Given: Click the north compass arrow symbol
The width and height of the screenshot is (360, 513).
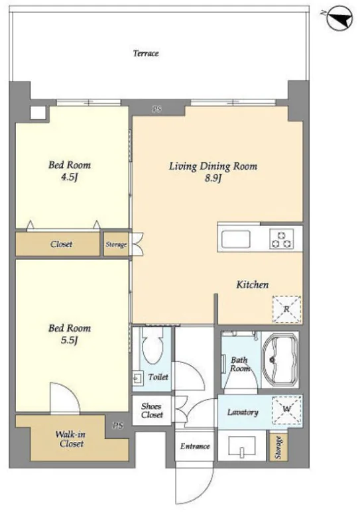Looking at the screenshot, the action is [340, 18].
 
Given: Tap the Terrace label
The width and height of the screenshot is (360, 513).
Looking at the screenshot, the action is [146, 53].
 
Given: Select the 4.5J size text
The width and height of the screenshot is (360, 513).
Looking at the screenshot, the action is [70, 178].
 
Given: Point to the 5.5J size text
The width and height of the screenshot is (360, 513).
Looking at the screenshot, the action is [70, 341].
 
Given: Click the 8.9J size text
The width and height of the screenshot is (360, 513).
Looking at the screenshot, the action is [213, 179].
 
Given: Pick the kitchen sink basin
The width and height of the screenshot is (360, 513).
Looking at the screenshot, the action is [235, 239].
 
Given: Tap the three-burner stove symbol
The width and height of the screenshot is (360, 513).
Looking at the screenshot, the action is [282, 239].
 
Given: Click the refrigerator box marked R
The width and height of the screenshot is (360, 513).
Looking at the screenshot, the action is [286, 309].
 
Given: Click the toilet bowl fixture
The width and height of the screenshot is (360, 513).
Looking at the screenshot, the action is [152, 345].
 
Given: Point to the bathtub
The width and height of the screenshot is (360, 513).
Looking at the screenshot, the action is [280, 360].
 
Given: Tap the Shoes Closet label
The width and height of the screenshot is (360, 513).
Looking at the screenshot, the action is [152, 410].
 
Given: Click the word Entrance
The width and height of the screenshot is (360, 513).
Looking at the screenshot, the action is [195, 446].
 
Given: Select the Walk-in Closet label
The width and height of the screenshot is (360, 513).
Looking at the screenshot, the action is [71, 439].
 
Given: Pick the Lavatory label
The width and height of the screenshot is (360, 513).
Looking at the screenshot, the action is [243, 412].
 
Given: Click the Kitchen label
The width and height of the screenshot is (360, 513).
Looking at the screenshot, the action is [253, 284].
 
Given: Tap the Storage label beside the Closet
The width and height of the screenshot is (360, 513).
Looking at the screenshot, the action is [116, 245].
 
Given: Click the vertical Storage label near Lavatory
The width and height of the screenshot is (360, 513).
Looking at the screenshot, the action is [278, 447].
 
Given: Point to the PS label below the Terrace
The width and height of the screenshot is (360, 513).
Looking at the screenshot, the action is [157, 109].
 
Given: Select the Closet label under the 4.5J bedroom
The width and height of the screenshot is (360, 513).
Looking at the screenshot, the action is [61, 244].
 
